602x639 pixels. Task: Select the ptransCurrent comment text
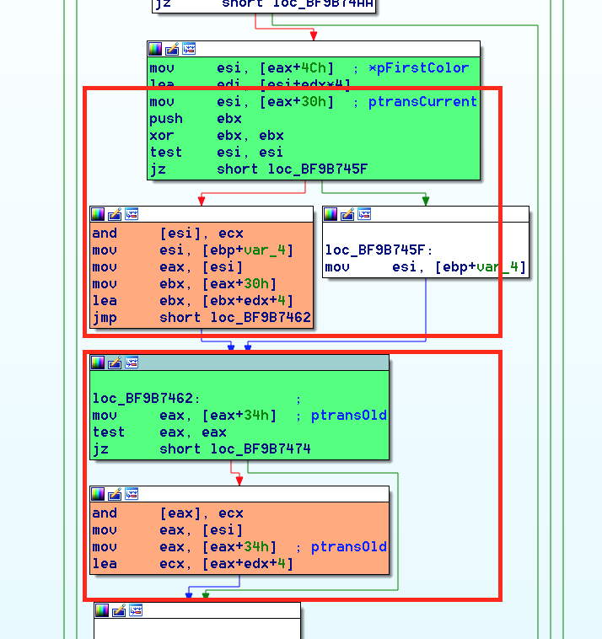[x=422, y=102]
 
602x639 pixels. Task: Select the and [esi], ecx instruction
[x=168, y=234]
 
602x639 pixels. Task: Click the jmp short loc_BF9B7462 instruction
[x=202, y=318]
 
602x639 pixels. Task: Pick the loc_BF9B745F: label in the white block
[x=379, y=250]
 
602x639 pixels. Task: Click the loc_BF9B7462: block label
[x=146, y=399]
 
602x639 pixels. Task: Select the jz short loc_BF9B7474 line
[x=202, y=449]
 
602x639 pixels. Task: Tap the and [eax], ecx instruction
[x=168, y=513]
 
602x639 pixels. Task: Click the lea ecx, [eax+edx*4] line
[x=193, y=564]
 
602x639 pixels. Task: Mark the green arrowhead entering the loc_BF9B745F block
[x=426, y=201]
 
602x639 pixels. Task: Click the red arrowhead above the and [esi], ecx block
[x=201, y=201]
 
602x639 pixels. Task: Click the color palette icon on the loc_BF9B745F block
[x=331, y=214]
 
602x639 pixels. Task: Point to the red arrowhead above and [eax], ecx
[x=239, y=481]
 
